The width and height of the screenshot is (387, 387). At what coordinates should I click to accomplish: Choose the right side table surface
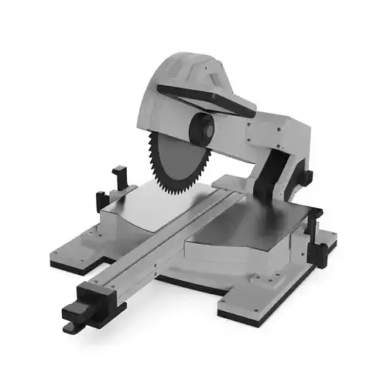[240, 232]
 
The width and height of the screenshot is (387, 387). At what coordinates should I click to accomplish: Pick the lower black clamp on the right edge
[317, 252]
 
